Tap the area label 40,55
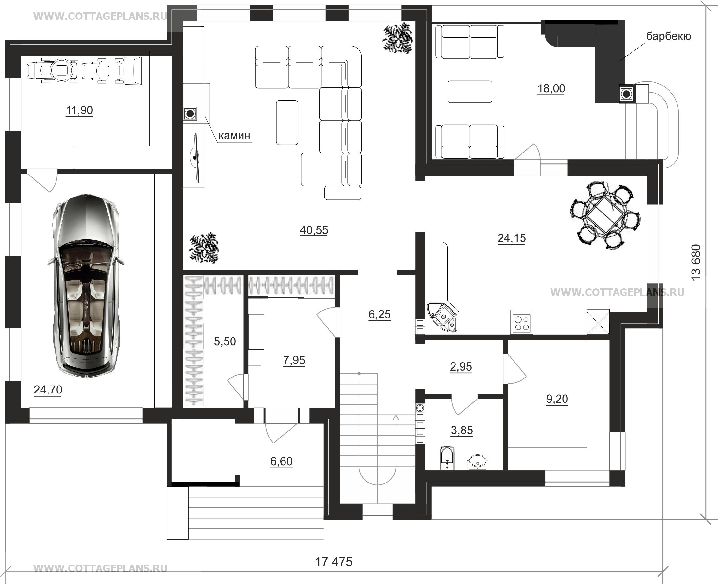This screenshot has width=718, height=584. click(x=314, y=230)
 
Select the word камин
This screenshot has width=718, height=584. click(x=234, y=136)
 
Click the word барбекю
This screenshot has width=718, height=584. click(x=668, y=36)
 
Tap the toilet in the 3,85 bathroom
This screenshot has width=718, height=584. click(x=447, y=458)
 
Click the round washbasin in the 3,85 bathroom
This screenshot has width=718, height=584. click(x=477, y=461)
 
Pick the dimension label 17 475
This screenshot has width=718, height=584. click(x=334, y=562)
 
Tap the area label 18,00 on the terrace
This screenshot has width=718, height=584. click(x=551, y=88)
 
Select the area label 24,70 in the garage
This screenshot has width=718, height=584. click(x=48, y=390)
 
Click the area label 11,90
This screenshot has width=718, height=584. click(x=79, y=110)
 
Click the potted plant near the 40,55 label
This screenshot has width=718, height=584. click(x=204, y=248)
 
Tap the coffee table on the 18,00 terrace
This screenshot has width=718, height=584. click(x=470, y=92)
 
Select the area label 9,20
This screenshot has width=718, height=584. click(x=557, y=399)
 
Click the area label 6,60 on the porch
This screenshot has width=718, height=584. click(x=281, y=461)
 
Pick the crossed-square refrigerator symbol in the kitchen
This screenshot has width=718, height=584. click(x=598, y=322)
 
